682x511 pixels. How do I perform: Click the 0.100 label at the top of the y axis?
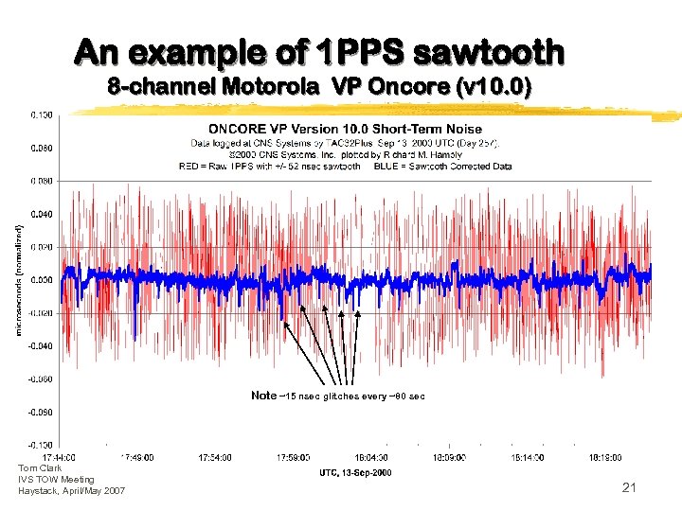click(41, 115)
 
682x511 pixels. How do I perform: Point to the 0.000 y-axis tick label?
click(41, 280)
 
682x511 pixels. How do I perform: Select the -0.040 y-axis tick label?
click(40, 346)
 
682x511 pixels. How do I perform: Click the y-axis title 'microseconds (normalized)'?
click(20, 279)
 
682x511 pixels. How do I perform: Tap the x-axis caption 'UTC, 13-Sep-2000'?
click(354, 472)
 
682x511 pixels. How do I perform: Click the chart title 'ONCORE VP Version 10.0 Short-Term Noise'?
click(345, 129)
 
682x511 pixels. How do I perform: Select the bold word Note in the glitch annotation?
click(264, 395)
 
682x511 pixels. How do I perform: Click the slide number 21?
click(628, 487)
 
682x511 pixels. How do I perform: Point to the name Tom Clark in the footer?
click(39, 468)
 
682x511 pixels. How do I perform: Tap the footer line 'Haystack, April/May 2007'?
click(71, 490)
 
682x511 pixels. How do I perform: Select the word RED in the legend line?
click(189, 166)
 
